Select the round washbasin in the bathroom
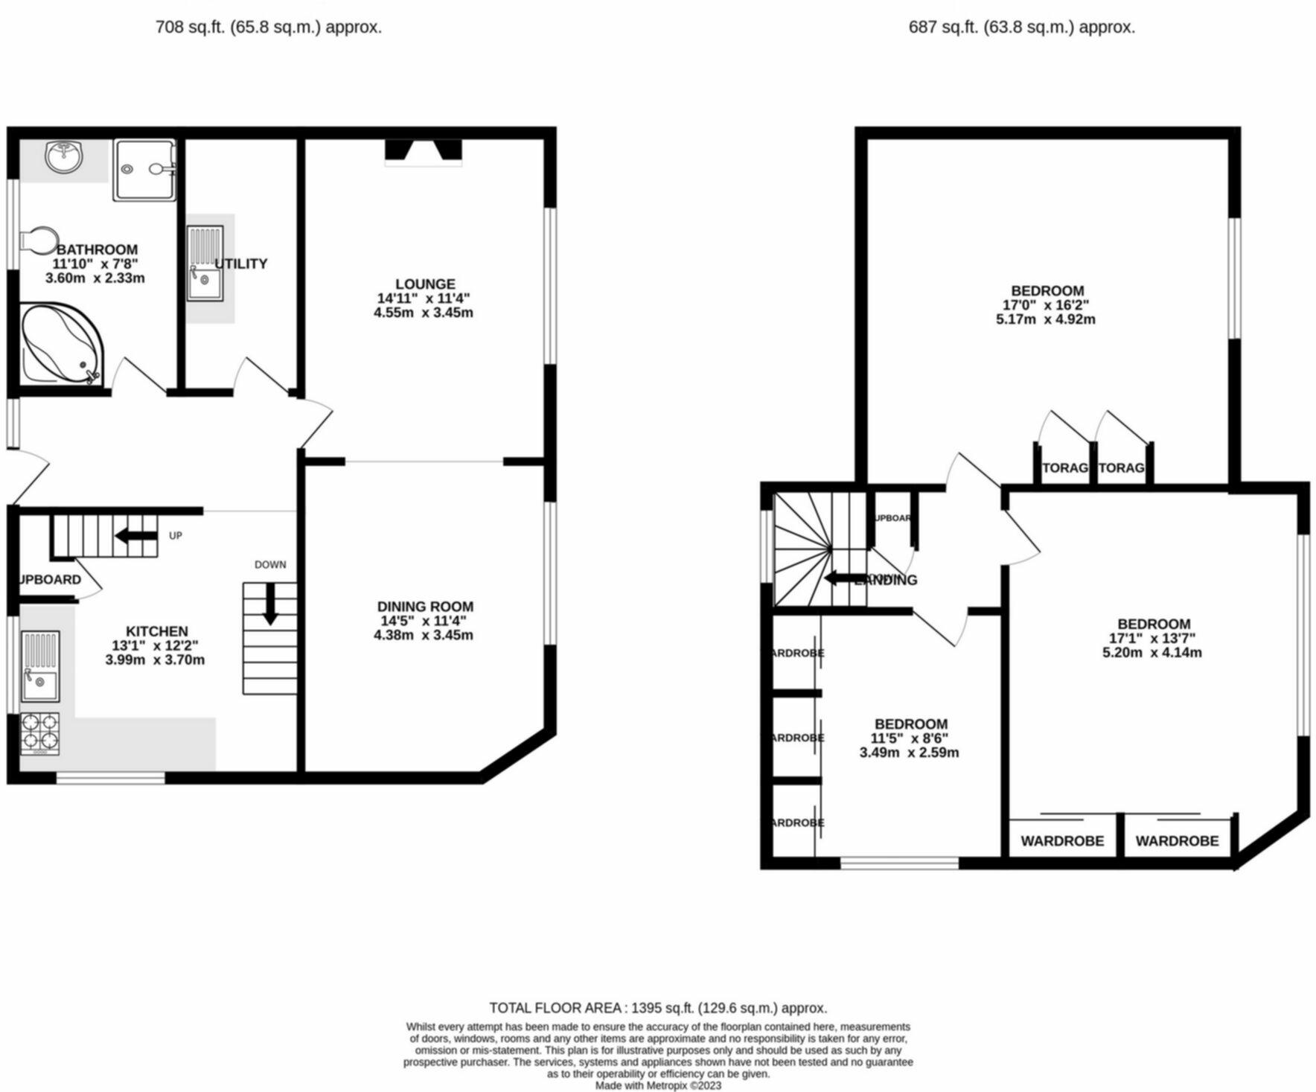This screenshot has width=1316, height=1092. pos(63,157)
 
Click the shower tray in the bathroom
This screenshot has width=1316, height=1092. pos(145,169)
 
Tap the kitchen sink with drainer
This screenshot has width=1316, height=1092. pos(40,666)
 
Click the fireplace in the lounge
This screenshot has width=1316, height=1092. pos(423,151)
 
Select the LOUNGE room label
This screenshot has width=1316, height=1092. pos(425,284)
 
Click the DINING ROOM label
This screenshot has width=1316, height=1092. pos(425,607)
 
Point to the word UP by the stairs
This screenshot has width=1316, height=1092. pos(176,535)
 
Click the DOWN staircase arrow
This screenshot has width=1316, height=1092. pos(270,603)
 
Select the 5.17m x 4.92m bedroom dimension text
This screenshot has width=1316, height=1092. pos(1046,319)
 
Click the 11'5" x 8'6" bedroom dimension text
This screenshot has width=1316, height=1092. pos(910,738)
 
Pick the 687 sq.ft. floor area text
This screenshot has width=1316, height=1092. pos(1021,28)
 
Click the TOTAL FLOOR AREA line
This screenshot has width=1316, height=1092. pos(658,1008)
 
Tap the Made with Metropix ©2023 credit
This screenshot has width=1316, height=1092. pos(658,1085)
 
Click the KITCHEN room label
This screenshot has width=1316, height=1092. pos(156,631)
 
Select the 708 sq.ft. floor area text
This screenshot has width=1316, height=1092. pos(268,28)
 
